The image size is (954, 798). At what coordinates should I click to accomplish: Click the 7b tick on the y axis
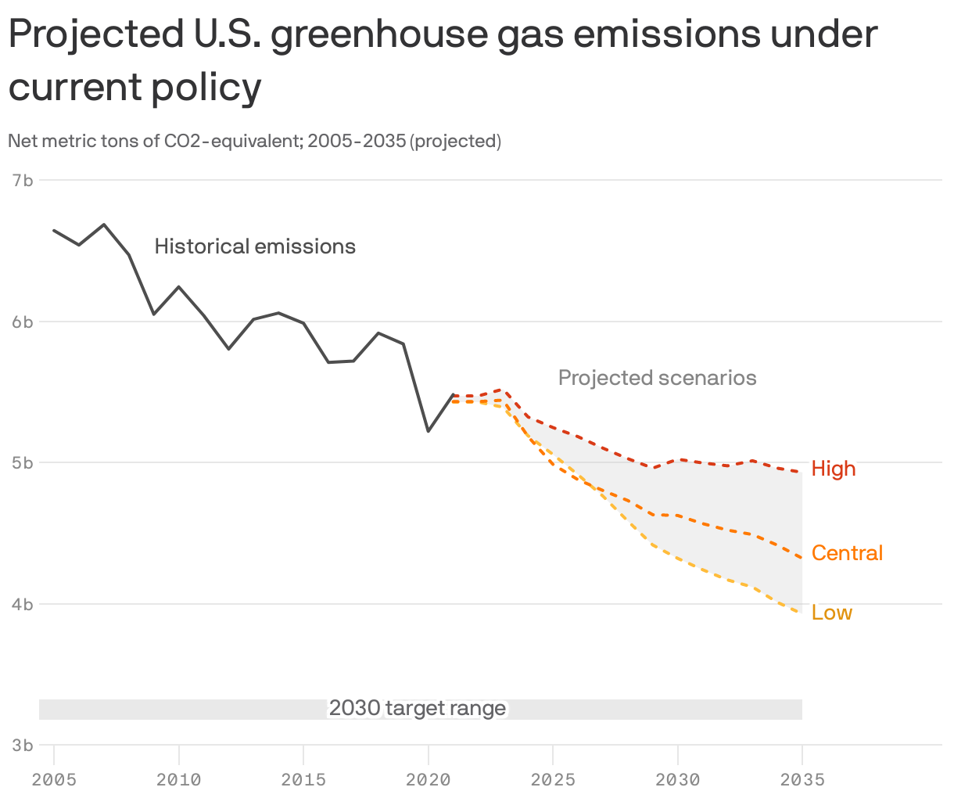23,181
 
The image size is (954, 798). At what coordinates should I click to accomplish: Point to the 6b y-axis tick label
23,322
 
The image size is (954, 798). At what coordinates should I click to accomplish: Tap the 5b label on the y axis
23,462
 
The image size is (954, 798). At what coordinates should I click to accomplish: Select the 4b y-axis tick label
23,604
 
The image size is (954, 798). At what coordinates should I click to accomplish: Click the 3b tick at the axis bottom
23,746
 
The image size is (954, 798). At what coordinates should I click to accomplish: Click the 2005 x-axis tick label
54,779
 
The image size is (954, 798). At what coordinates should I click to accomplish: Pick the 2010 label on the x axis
179,779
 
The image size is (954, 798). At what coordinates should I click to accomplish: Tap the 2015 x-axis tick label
303,779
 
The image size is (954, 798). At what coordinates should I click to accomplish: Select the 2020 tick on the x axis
428,779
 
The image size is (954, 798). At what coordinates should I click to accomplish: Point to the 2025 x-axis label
553,779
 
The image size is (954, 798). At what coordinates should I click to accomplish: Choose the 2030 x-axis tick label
677,779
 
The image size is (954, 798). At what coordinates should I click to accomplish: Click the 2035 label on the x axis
802,779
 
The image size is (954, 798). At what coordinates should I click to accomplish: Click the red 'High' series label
834,469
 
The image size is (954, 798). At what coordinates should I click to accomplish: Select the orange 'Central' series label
847,553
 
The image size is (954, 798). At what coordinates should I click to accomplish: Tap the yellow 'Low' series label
831,613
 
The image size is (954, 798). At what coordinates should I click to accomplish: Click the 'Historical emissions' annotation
255,246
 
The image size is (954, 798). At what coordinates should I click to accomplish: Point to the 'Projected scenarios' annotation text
657,378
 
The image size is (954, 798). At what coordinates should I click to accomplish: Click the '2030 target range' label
418,708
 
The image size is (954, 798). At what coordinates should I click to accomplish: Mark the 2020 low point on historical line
428,431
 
